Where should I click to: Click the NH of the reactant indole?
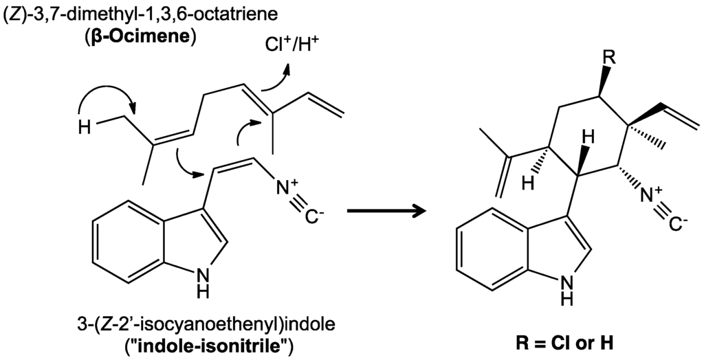coord(201,282)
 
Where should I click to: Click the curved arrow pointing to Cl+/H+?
coord(278,77)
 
